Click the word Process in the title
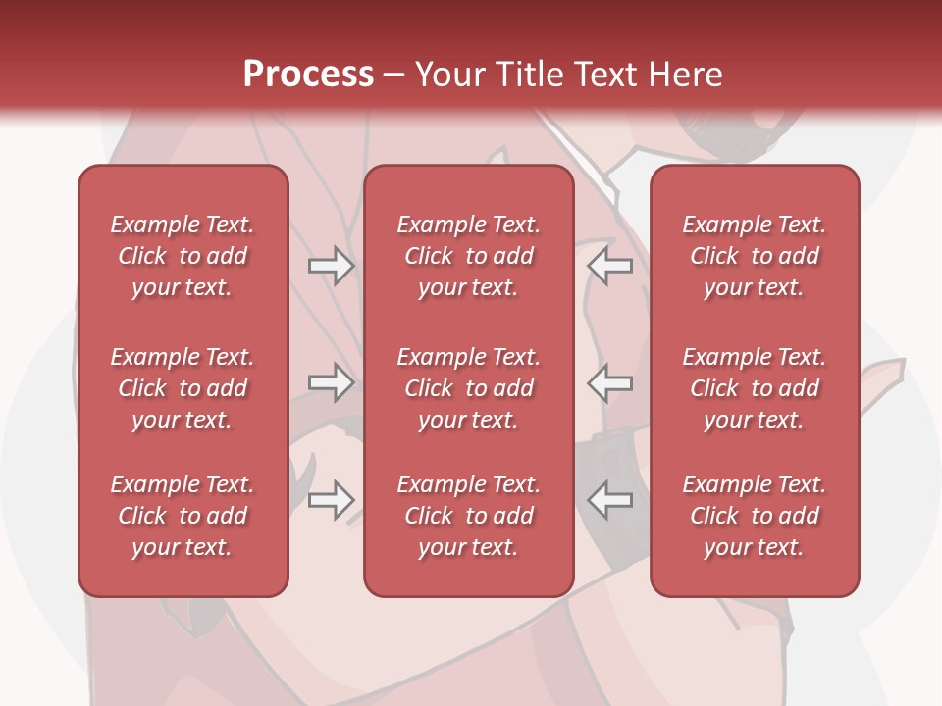[308, 75]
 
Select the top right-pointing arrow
[332, 266]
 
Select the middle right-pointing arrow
[332, 382]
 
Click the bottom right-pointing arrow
[332, 500]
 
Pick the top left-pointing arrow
[610, 266]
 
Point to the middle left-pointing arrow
[610, 382]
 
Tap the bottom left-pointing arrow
[610, 500]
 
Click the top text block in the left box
[183, 256]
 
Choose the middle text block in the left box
[183, 388]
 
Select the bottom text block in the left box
[183, 516]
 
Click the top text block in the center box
[468, 256]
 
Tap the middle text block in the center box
[468, 388]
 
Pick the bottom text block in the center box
[468, 516]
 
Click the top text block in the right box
[754, 256]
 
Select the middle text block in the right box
[754, 388]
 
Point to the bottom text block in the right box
[754, 516]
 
